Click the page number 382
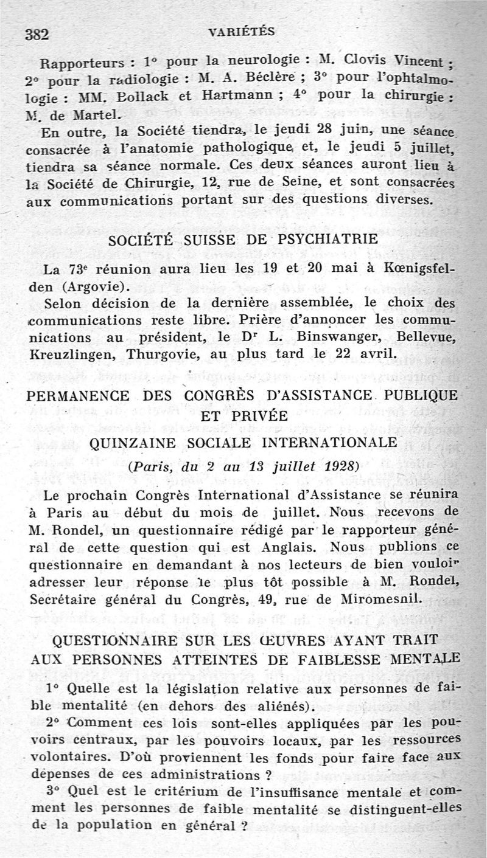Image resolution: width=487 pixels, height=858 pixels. pos(36,34)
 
